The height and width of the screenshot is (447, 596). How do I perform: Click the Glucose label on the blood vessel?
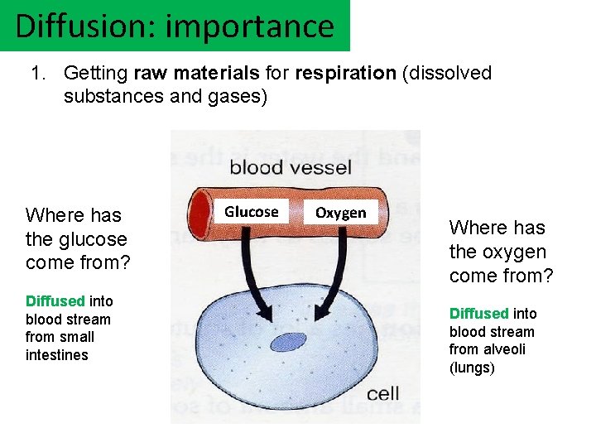click(252, 212)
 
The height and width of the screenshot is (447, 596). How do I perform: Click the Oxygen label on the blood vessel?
click(340, 213)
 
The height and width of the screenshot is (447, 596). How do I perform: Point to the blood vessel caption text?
click(291, 168)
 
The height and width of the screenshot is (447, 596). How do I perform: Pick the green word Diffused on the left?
click(55, 300)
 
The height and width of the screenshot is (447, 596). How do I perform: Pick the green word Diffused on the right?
click(479, 313)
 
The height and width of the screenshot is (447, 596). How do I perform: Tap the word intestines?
click(57, 355)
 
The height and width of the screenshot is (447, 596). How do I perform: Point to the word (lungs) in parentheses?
click(472, 368)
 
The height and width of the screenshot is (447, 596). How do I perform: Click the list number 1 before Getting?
click(37, 73)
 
